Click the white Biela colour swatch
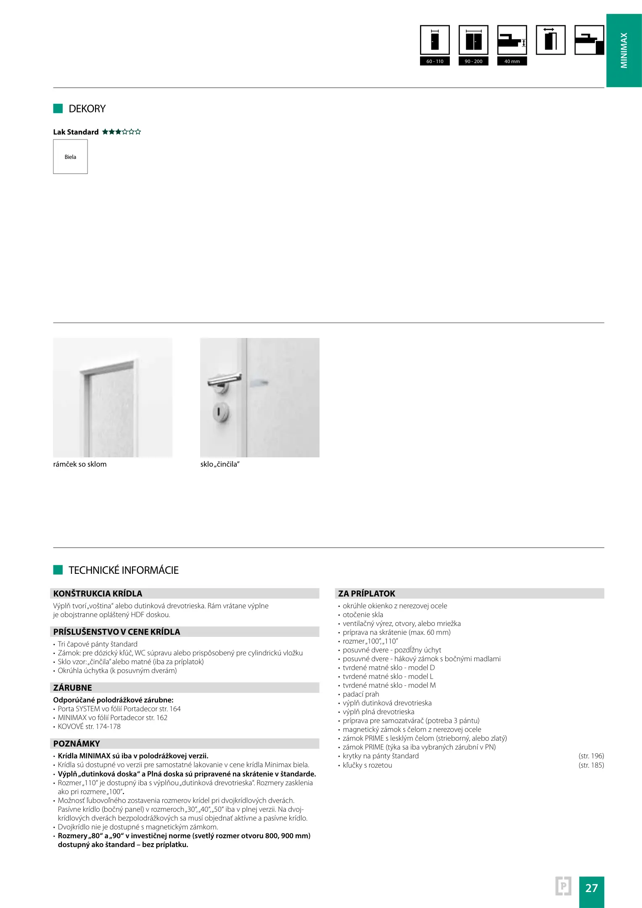tap(70, 157)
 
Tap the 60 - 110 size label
tap(435, 61)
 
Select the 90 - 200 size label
tap(473, 61)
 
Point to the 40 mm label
tap(512, 61)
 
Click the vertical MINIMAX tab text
tap(624, 50)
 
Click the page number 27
tap(591, 888)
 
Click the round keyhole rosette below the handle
tap(221, 412)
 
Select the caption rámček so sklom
tap(80, 464)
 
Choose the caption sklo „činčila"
tap(220, 464)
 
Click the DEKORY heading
tap(87, 109)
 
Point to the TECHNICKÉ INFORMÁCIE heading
tap(123, 570)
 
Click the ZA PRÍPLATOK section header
tap(367, 594)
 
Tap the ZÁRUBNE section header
tap(72, 688)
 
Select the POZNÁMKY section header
tap(77, 744)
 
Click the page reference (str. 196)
tap(591, 756)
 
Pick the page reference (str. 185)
tap(591, 765)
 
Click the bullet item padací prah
tap(361, 694)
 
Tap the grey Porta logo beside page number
tap(563, 886)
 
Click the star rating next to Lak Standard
tap(122, 132)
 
